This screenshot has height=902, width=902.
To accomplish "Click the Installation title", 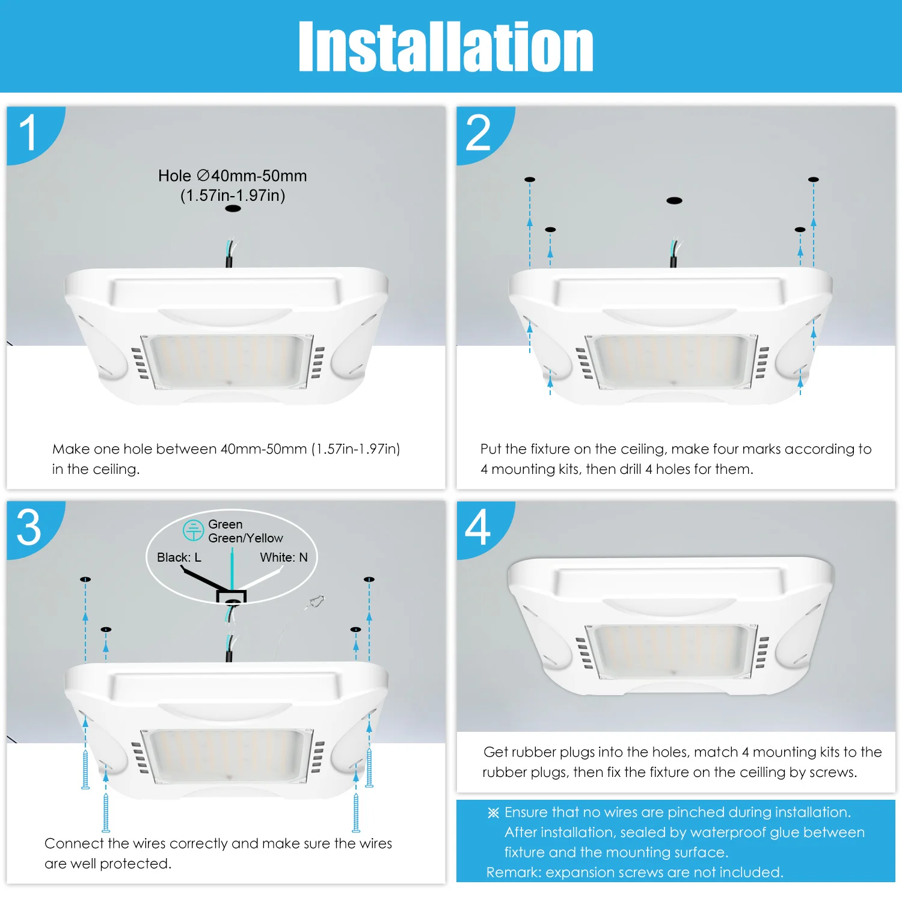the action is point(446,46).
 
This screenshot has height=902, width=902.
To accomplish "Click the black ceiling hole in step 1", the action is point(233,209).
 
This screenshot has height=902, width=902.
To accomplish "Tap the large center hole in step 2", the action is point(674,200).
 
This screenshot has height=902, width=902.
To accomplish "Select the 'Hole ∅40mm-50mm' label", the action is point(233,176).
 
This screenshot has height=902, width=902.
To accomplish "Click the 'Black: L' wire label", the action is point(179,557).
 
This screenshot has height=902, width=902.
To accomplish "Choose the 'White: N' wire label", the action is point(284,557).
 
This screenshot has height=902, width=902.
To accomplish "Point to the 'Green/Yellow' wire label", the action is point(245,538).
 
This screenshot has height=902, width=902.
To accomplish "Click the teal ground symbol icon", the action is point(193,530).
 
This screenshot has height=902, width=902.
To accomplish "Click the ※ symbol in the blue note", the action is point(493,813).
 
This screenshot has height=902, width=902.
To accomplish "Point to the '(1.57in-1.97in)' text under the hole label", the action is point(233,195).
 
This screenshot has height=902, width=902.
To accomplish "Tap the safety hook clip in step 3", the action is point(316,601).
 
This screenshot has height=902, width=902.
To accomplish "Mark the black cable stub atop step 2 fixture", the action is point(673,261).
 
